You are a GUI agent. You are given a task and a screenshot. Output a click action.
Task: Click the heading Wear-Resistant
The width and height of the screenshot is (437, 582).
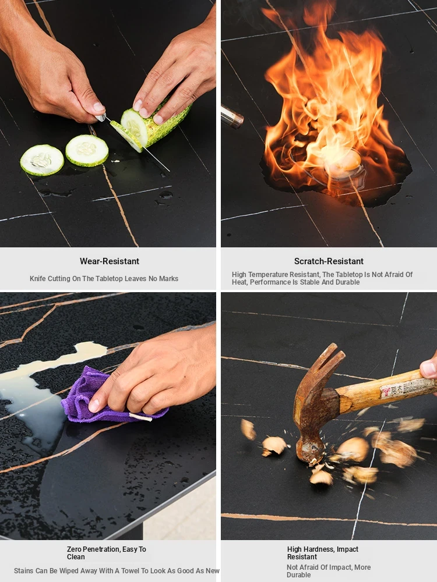tap(110, 261)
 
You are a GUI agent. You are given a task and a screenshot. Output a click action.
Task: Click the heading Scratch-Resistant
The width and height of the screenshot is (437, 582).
tap(329, 261)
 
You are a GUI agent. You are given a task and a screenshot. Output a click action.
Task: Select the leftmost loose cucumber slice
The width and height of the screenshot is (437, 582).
tap(42, 160)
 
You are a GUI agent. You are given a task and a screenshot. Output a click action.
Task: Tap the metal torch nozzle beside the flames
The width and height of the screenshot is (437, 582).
tap(231, 116)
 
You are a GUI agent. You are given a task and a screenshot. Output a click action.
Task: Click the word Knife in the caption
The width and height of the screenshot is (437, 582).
tap(38, 279)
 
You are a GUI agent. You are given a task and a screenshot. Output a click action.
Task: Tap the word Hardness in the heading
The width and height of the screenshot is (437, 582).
tap(322, 549)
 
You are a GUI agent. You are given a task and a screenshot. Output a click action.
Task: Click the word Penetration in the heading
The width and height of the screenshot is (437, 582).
tap(101, 549)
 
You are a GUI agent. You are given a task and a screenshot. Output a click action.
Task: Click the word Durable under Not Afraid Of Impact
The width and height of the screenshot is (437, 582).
tap(298, 575)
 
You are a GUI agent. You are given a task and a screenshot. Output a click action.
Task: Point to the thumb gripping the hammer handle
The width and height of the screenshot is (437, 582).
tap(429, 367)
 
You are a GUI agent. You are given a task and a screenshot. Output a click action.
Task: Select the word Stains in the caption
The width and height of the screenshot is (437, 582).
tap(24, 571)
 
